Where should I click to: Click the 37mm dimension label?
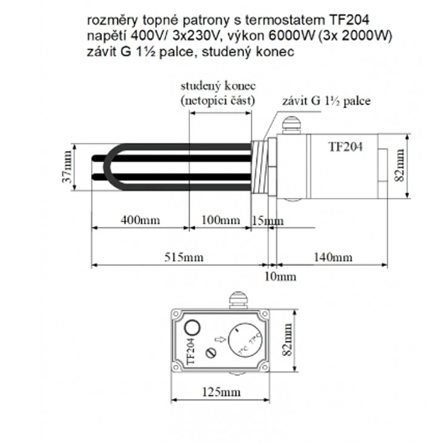pos(68,167)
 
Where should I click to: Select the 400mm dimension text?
pos(140,220)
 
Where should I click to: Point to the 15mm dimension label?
pos(267,220)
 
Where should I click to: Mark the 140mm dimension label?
pos(333,257)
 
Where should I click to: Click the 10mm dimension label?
pos(280,277)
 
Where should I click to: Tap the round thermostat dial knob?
pos(242,342)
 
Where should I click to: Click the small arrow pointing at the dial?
pos(219,339)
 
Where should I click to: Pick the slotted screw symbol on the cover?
pos(211,351)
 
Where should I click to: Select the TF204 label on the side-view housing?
pos(345,147)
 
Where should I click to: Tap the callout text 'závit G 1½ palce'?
pos(326,101)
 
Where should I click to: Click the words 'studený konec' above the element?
pos(218,86)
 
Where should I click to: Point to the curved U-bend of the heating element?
pos(109,167)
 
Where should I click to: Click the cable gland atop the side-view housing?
pos(291,125)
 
